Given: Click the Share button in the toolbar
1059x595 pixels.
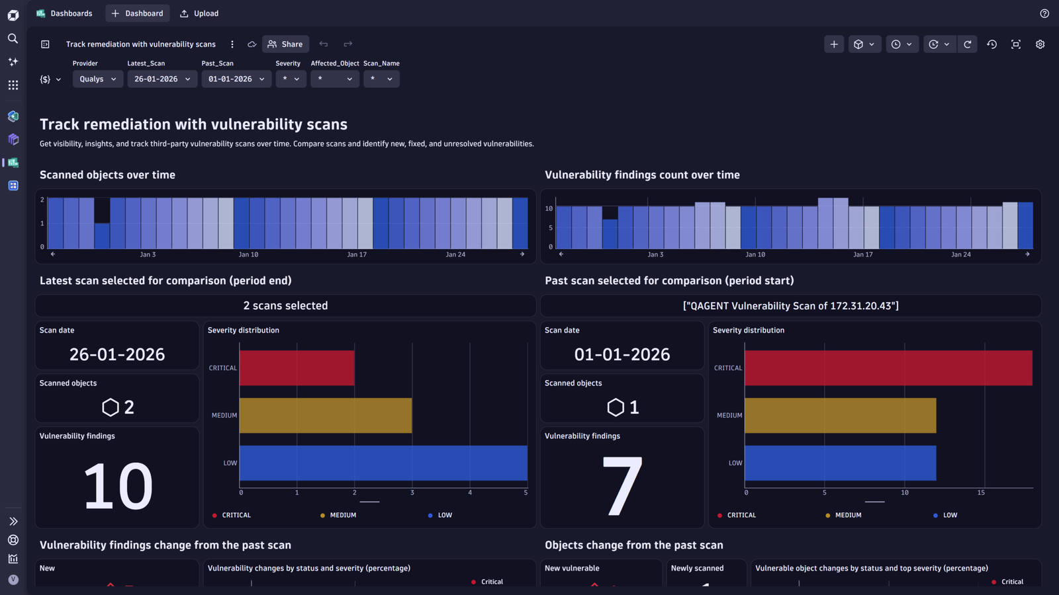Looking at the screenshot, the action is (285, 44).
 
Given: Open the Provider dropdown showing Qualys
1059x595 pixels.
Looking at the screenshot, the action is (98, 79).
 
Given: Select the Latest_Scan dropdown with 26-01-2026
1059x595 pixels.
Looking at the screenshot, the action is (162, 79).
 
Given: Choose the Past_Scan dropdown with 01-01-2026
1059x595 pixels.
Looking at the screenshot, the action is (236, 79).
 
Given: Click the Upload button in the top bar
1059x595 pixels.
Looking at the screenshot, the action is (199, 13).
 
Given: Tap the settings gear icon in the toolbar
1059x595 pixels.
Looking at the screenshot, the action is (1040, 44).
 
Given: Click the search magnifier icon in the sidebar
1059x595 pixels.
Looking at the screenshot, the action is (13, 38).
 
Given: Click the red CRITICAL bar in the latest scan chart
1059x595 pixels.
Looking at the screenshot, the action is (297, 368).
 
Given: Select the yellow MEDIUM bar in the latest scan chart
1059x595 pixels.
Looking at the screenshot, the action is (326, 416).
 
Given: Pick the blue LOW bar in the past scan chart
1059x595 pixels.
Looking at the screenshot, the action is (840, 463).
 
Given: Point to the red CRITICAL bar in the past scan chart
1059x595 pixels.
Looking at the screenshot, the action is (888, 368).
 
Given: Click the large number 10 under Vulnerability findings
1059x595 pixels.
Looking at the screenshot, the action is (118, 487).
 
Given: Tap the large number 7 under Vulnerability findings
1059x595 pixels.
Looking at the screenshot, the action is (622, 487).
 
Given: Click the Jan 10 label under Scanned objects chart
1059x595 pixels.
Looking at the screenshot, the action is (248, 255).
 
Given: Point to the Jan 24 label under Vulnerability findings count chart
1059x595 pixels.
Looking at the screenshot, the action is (960, 255).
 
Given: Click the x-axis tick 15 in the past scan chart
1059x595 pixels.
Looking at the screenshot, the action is (981, 493).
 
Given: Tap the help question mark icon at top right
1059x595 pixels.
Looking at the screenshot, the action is (1044, 13).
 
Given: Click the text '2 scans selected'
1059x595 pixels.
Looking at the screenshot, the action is (285, 305).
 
